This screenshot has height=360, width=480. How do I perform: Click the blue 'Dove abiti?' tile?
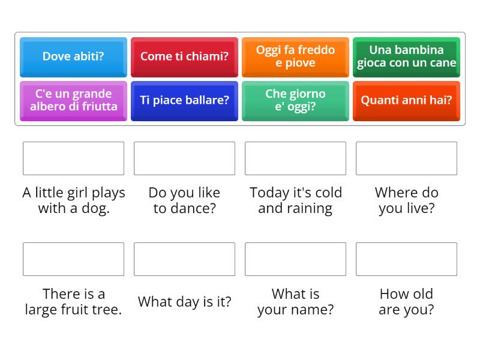coord(73,56)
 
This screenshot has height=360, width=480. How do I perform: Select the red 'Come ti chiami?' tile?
coord(184,56)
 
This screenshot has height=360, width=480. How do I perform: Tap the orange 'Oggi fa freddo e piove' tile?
coord(295,56)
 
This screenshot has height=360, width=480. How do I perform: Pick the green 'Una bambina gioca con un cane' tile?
coord(406,56)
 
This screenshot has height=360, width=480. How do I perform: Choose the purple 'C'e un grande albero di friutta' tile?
coord(73,100)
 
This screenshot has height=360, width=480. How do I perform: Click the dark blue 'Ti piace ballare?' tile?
coord(184,100)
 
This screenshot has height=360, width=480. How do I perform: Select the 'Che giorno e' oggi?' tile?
coord(295,100)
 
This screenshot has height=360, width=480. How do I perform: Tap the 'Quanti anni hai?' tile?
coord(406,100)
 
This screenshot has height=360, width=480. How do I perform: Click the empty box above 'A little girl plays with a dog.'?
coord(73,158)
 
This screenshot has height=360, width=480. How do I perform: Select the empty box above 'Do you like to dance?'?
coord(184,158)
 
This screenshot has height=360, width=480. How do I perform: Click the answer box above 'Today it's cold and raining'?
coord(295,158)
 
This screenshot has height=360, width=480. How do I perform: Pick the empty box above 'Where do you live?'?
coord(406,158)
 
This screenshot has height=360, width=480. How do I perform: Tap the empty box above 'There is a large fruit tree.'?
coord(73,259)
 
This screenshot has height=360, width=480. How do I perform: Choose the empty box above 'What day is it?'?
coord(184,259)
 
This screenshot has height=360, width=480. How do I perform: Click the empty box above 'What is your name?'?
coord(295,259)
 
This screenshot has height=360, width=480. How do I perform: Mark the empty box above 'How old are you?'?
coord(406,259)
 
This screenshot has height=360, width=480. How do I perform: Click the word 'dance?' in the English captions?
coord(193,209)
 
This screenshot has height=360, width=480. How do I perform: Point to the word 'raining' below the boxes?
coord(310,209)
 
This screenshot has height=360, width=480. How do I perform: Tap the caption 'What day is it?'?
coord(184,302)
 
